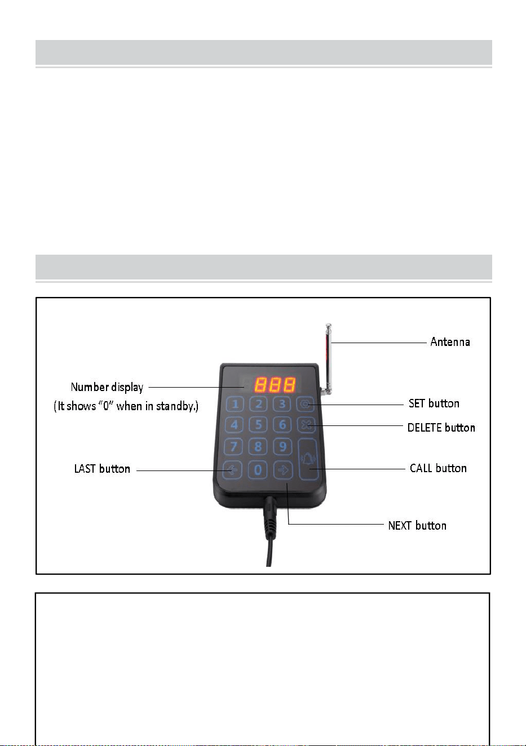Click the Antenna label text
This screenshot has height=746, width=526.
click(450, 341)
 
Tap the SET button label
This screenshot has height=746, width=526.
click(434, 403)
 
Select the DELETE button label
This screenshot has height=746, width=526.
click(441, 428)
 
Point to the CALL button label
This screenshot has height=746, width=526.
click(438, 468)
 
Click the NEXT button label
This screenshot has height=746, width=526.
click(417, 526)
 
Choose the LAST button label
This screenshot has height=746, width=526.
click(102, 469)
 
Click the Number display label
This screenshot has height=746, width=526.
click(107, 387)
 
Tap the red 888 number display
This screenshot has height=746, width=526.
click(275, 384)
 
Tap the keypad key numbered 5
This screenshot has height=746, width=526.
click(258, 425)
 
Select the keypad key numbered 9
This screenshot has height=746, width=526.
click(282, 447)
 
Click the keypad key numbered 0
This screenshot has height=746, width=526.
click(258, 470)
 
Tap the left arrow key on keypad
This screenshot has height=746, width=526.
click(232, 470)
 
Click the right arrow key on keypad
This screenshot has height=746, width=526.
click(283, 470)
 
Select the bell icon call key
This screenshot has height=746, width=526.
click(308, 459)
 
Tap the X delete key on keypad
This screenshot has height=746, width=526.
click(306, 425)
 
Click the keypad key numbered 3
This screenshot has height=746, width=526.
click(282, 404)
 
